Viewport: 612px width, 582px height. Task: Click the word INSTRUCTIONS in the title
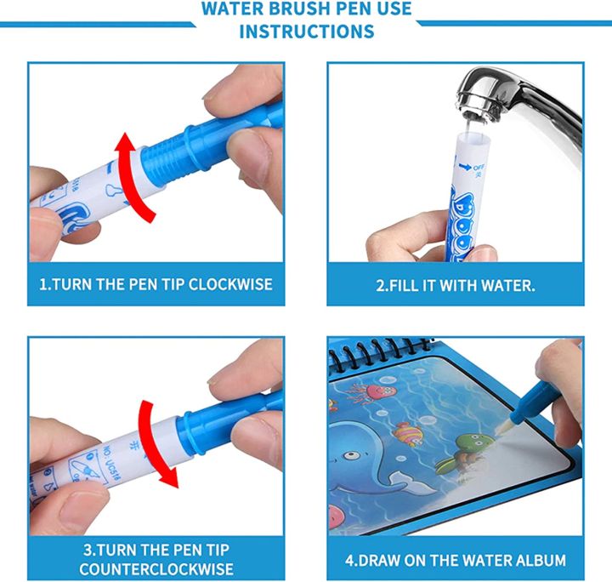[306, 31]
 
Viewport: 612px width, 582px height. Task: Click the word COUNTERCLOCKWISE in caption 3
[156, 568]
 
